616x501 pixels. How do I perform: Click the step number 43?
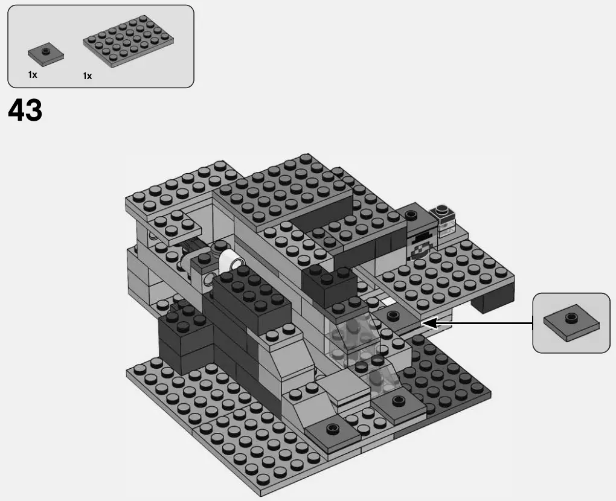25,111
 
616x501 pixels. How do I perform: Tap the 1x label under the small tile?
33,75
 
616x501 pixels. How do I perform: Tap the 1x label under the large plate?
88,76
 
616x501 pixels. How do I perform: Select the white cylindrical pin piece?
231,261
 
